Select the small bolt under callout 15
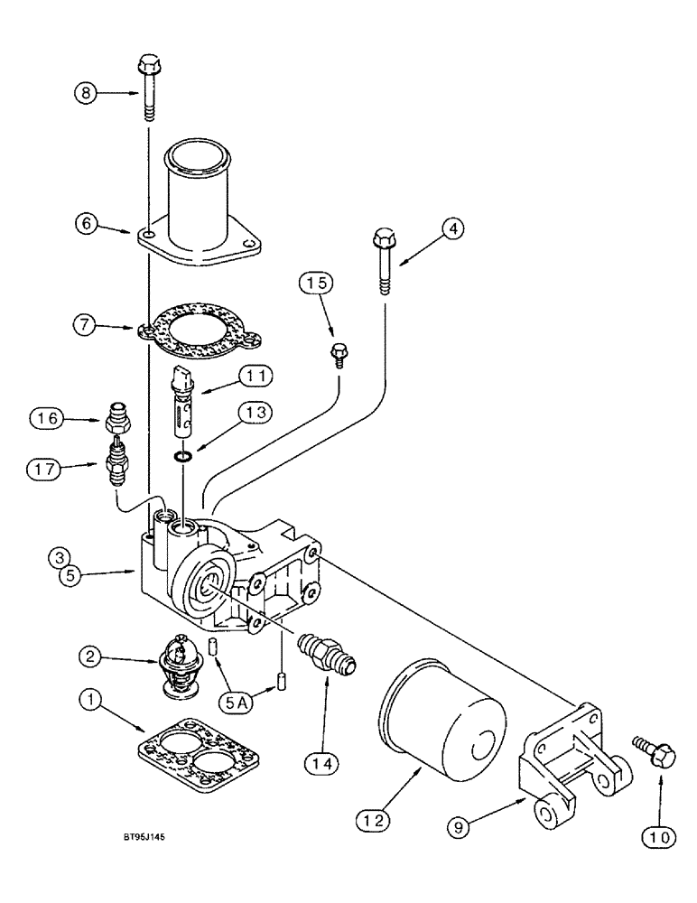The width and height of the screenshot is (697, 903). coord(339,352)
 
